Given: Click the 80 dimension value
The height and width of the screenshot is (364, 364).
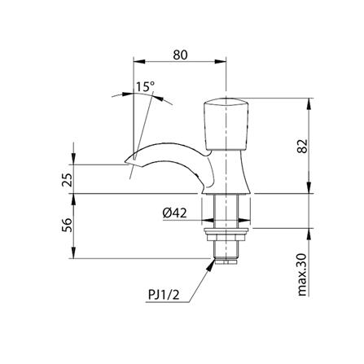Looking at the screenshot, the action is (180, 55).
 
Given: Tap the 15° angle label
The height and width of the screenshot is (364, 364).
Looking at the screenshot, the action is (145, 86).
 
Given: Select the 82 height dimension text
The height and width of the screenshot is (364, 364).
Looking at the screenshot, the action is (302, 146).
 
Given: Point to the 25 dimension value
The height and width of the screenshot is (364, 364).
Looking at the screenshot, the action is (68, 179).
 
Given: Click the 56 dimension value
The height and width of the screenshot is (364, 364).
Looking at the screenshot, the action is (68, 225).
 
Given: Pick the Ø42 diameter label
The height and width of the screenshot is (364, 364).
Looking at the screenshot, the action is (174, 213).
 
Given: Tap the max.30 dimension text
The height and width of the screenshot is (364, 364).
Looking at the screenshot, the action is (302, 274).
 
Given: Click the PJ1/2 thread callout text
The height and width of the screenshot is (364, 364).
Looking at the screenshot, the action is (164, 295).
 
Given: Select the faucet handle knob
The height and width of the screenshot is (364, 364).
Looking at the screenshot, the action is (226, 124).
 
